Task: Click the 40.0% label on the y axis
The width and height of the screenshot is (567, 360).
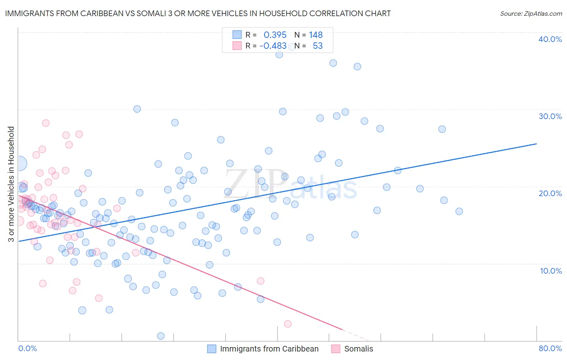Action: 550,39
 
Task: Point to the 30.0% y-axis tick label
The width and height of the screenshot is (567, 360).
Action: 550,116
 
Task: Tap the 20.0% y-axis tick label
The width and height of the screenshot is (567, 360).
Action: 550,193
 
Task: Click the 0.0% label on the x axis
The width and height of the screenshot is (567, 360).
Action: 27,348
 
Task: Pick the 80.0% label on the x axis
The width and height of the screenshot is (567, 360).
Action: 550,348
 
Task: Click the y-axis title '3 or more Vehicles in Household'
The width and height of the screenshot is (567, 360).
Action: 11,184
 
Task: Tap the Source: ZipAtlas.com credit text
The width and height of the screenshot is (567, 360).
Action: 531,13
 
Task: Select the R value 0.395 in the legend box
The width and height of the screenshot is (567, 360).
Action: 275,35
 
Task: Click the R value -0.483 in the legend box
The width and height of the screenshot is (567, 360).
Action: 273,46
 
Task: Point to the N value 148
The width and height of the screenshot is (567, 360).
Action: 316,35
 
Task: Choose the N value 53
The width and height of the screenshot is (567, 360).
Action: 318,46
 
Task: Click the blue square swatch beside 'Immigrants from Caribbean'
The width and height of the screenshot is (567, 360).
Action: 212,349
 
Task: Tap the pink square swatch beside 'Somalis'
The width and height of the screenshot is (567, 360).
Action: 336,349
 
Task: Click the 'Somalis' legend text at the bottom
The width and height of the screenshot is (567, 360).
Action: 359,349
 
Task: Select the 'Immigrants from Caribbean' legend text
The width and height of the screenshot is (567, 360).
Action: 269,349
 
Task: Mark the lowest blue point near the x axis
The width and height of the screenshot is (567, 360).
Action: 161,336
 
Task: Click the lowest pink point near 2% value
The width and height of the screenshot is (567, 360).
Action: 288,324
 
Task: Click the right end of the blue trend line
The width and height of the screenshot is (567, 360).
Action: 536,144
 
